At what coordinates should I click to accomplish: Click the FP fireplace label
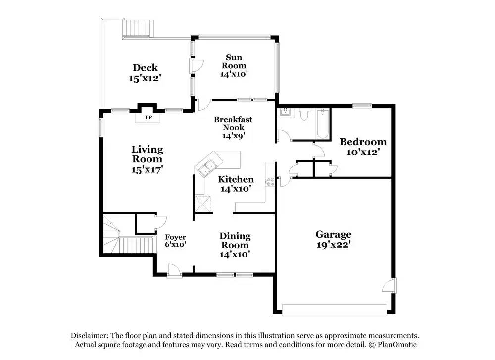pos(148,118)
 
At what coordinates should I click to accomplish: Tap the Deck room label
pos(145,68)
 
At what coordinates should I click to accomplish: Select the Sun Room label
pos(234,62)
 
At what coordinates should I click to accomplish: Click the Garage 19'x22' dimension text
pos(334,244)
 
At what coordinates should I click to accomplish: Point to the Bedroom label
pos(363,142)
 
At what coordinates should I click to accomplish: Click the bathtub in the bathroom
pos(322,124)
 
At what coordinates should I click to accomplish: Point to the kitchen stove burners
pos(270,182)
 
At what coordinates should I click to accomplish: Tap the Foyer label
pos(175,237)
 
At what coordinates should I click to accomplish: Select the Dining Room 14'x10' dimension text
pos(235,254)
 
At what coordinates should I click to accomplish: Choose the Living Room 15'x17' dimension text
pos(147,169)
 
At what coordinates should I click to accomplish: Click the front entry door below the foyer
pos(174,270)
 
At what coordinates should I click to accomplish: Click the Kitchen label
pos(236,179)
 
